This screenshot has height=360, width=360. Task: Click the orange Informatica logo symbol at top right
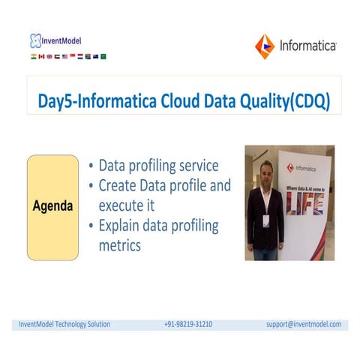pyautogui.click(x=265, y=46)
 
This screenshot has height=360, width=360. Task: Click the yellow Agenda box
pyautogui.click(x=52, y=206)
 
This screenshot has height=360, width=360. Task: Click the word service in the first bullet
pyautogui.click(x=197, y=166)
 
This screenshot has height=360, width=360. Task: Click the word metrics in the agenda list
pyautogui.click(x=120, y=245)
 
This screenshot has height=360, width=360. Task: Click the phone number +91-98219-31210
pyautogui.click(x=187, y=324)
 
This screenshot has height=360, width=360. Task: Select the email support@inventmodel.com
pyautogui.click(x=303, y=324)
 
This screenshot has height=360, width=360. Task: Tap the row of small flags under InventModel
pyautogui.click(x=67, y=55)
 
